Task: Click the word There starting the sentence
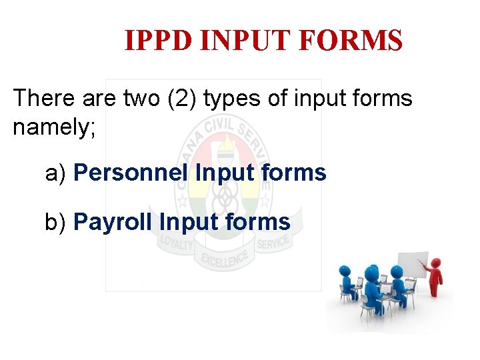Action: click(43, 99)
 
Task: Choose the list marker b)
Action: click(56, 222)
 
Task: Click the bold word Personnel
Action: click(131, 173)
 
